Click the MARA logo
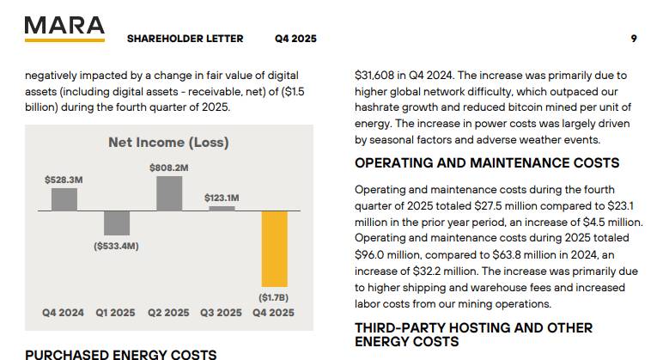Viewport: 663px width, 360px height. click(x=64, y=27)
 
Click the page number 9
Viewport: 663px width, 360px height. click(x=633, y=39)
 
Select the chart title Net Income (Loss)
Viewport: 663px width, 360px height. click(x=168, y=143)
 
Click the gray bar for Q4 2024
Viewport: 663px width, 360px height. click(x=64, y=199)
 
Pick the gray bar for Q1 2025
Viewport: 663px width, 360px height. click(x=117, y=223)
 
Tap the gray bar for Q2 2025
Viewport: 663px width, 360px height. click(x=168, y=193)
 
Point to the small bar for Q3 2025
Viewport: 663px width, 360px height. click(x=222, y=208)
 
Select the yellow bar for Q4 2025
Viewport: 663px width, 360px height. click(x=274, y=248)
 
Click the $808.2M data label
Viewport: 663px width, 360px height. click(x=168, y=168)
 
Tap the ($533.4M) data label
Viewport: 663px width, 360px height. click(x=116, y=247)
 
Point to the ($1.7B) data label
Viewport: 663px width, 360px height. click(x=274, y=296)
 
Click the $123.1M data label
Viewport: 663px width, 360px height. click(x=222, y=198)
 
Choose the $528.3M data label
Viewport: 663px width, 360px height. click(x=64, y=180)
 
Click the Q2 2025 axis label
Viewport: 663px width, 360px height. click(x=168, y=313)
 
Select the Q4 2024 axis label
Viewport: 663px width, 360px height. click(x=64, y=313)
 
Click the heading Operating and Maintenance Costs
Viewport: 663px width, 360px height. click(x=487, y=163)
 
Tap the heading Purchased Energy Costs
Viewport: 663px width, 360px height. click(x=120, y=354)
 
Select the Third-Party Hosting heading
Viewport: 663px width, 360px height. click(x=473, y=335)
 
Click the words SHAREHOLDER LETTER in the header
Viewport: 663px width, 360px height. click(x=185, y=39)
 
